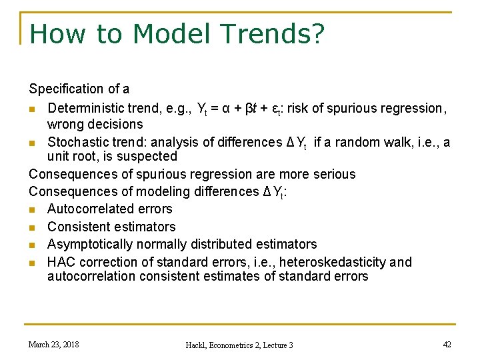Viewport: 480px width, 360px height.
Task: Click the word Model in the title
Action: point(159,34)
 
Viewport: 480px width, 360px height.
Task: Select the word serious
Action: point(335,174)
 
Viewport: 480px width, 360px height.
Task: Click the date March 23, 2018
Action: point(53,344)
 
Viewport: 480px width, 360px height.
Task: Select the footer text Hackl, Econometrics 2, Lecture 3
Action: point(239,345)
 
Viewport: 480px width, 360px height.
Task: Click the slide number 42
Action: point(446,344)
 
